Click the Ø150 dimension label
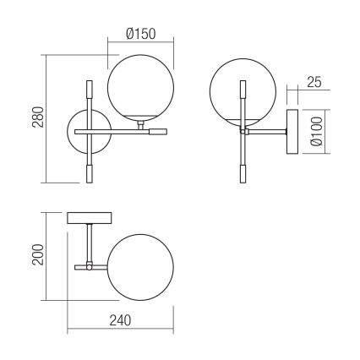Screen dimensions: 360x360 pyautogui.click(x=139, y=34)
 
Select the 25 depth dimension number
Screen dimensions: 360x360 pyautogui.click(x=313, y=83)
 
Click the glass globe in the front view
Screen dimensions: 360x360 pyautogui.click(x=139, y=87)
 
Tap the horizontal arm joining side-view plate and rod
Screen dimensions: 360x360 pyautogui.click(x=268, y=131)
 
